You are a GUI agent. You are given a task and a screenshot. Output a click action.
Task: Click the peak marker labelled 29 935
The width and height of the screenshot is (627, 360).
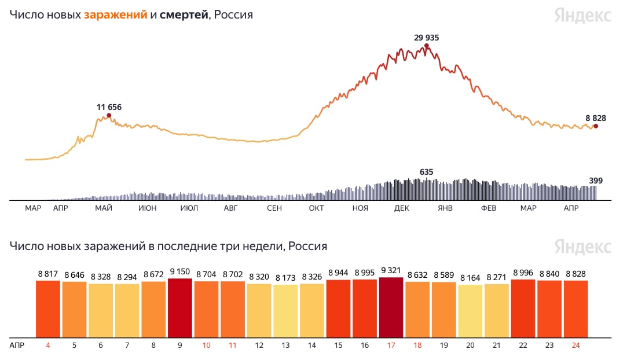pos(427,46)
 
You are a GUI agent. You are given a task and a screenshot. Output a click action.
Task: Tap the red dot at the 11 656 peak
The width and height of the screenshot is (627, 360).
pos(109,116)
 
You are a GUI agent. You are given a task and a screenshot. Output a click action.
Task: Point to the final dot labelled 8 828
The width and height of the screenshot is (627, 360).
pos(596,126)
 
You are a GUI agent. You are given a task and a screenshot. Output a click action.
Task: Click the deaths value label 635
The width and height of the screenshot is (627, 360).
pos(427,172)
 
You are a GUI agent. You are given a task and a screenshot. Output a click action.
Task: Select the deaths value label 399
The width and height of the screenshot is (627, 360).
pos(596,181)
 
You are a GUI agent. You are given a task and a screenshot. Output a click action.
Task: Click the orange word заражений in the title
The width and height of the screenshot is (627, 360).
pos(115,15)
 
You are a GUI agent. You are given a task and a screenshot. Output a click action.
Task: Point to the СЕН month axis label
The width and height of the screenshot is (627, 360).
pos(274,208)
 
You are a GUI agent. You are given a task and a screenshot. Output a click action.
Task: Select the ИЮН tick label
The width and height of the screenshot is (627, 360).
pos(147,208)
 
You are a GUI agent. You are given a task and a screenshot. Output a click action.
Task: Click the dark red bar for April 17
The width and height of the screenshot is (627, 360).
pos(391,307)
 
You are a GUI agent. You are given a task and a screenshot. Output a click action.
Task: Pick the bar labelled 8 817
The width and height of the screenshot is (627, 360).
pos(48,309)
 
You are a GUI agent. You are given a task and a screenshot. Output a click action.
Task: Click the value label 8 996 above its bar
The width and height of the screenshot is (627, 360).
pos(523,274)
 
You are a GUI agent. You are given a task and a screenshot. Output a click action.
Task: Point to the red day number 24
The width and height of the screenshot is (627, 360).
pos(576,345)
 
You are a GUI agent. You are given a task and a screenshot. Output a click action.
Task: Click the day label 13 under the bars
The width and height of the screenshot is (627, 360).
pos(285,345)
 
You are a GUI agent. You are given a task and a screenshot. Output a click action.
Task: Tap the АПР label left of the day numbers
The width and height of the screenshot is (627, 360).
pos(17,345)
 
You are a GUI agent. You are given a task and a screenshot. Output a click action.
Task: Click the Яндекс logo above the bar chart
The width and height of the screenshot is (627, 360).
pos(582,247)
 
